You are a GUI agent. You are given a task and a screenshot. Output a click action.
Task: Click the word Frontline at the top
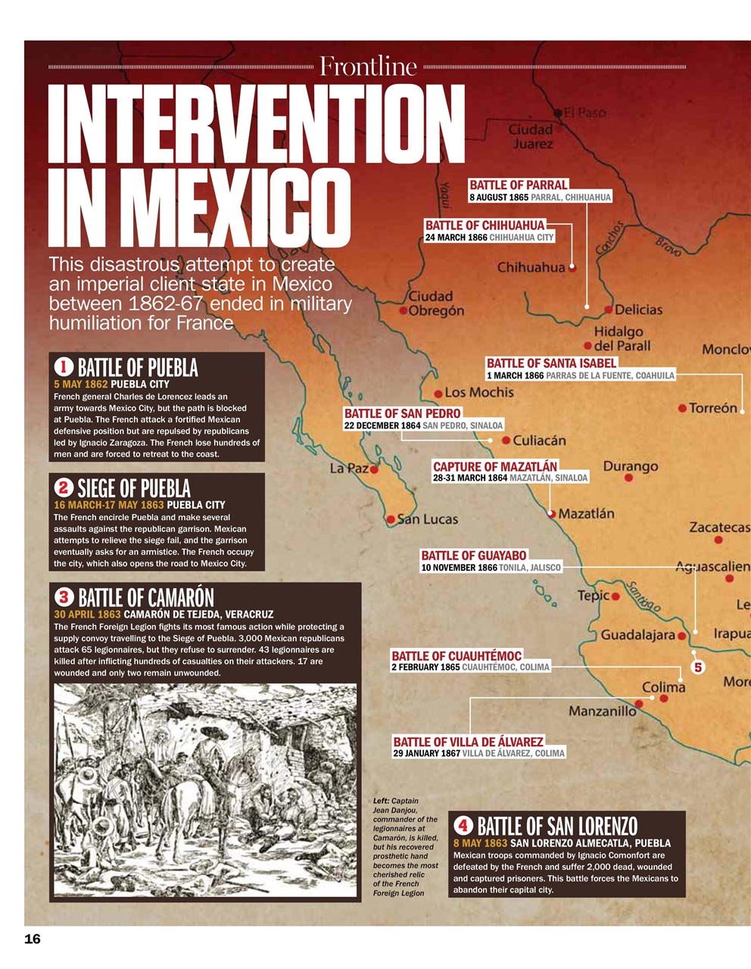pos(368,67)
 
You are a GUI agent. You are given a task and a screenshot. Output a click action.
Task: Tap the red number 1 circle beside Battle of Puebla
pos(64,367)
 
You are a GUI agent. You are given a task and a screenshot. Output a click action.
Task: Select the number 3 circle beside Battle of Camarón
pos(64,597)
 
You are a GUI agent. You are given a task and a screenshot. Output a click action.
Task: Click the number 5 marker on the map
pos(697,667)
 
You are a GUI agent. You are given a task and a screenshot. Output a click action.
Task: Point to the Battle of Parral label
pos(518,185)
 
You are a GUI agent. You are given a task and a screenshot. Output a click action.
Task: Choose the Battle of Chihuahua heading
pos(485,225)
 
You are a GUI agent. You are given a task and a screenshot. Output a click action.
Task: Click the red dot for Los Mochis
pos(438,394)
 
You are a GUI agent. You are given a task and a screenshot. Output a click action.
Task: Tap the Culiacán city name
pos(539,440)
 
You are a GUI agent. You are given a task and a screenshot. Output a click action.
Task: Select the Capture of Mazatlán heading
pos(494,466)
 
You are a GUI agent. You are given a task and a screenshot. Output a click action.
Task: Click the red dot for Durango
pos(628,478)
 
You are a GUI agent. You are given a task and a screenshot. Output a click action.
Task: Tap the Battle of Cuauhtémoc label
pos(457,656)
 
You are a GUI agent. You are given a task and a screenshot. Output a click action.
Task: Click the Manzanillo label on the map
pos(603,711)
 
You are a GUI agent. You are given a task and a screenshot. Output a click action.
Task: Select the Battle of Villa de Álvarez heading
pos(468,742)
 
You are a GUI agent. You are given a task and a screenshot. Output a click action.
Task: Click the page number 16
pos(33,939)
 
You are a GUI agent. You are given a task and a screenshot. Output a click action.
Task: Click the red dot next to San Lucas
pos(391,519)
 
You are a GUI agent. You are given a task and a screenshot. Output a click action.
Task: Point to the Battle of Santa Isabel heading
pos(551,363)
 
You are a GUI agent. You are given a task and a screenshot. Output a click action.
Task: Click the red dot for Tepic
pos(615,597)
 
